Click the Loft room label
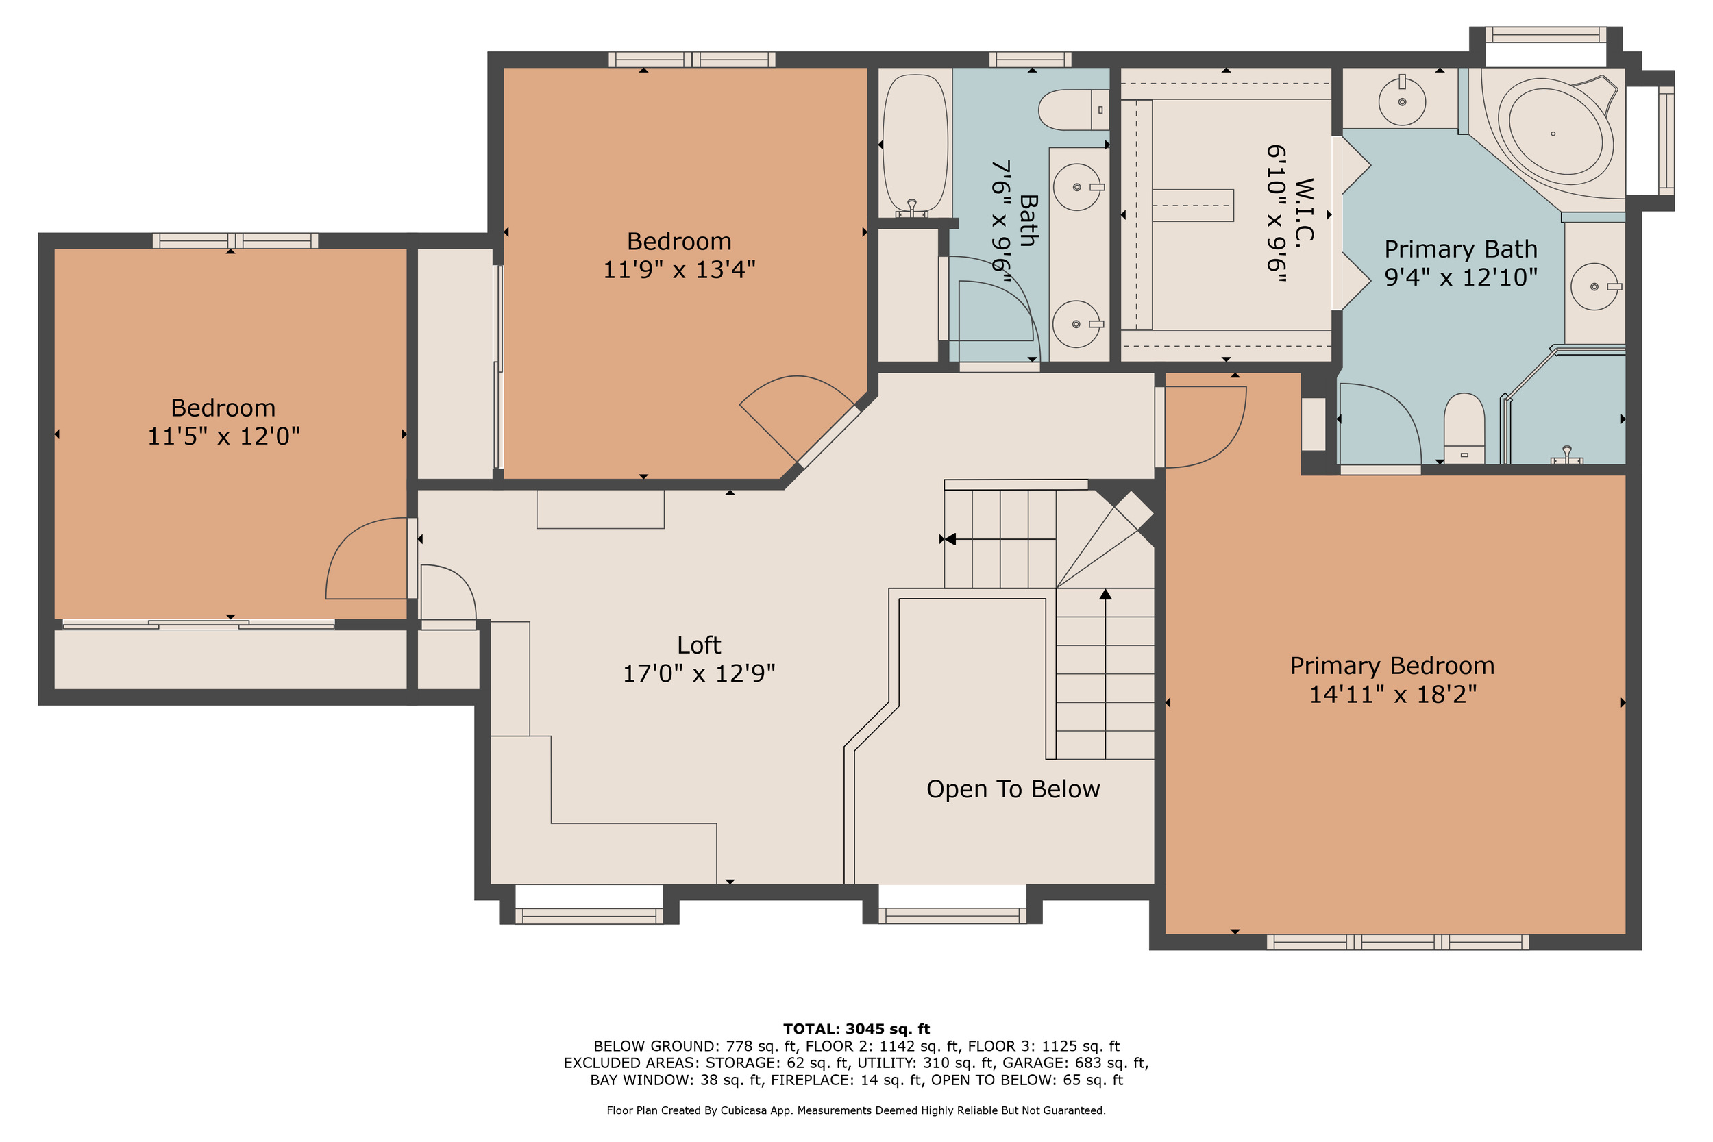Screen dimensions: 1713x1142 pos(698,645)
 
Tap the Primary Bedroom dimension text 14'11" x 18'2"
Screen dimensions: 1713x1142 pos(1392,694)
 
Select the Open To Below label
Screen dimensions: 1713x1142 pos(1013,789)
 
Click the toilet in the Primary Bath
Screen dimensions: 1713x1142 pos(1464,428)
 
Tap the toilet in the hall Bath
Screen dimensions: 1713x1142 pos(1074,110)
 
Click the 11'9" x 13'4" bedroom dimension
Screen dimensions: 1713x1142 pos(679,269)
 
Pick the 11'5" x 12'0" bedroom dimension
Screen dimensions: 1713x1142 pos(223,436)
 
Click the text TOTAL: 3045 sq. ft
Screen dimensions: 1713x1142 pos(856,1029)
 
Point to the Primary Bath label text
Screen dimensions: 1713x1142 pos(1460,249)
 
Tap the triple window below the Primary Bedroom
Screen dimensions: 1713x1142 pos(1398,942)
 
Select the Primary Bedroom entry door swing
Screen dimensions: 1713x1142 pos(1205,427)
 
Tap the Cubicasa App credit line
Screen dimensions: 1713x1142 pos(856,1110)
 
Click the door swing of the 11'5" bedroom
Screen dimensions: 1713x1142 pos(367,558)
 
